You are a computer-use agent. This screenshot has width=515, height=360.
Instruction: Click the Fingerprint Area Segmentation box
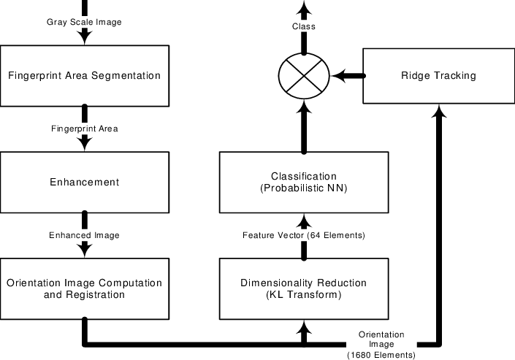pos(84,75)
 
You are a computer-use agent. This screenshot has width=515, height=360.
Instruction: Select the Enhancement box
pos(84,182)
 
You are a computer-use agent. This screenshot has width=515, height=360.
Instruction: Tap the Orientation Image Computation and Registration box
pos(84,288)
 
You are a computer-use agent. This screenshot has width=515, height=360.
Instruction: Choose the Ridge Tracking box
pos(438,75)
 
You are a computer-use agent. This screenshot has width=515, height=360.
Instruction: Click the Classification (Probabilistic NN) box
pos(303,182)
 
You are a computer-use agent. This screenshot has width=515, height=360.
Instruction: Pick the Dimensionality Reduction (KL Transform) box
pos(303,288)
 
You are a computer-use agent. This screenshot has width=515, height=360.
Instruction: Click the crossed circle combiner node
pos(304,75)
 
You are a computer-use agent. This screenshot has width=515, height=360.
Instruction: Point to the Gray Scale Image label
pos(84,22)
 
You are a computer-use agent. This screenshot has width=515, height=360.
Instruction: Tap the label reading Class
pos(304,26)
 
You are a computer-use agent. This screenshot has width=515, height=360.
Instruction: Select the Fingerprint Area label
pos(84,129)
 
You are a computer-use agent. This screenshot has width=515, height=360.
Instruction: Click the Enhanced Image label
pos(84,235)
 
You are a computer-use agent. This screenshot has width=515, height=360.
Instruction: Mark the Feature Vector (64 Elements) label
pos(304,235)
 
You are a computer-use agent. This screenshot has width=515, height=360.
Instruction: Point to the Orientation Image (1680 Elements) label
pos(381,344)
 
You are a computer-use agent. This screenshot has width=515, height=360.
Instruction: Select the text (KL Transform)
pos(303,294)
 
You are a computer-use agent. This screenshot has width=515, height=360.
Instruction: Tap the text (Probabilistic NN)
pos(303,188)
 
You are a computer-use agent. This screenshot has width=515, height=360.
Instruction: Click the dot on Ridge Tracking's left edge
pos(364,75)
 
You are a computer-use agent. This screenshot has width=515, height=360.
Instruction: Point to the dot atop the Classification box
pos(304,153)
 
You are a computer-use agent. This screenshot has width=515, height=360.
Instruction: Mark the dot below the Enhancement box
pos(85,212)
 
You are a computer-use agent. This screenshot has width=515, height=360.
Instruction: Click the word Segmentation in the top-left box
pos(125,75)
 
